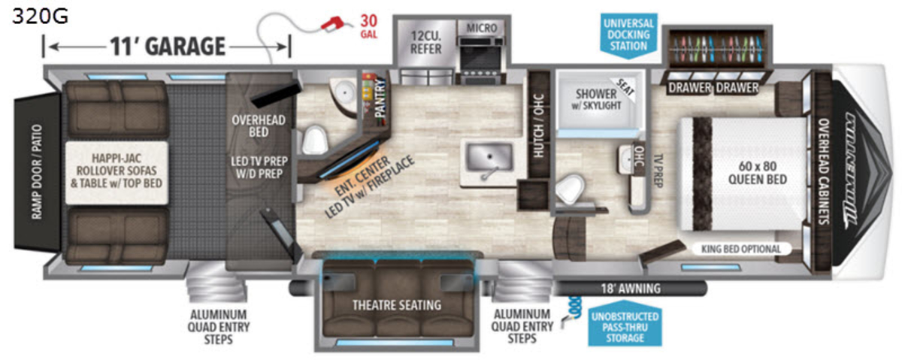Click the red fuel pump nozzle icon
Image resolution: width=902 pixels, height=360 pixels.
[x=331, y=23]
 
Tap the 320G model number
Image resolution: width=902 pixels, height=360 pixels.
[x=40, y=17]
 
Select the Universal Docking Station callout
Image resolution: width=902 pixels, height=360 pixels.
[x=628, y=35]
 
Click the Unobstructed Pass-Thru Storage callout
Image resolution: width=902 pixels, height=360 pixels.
[x=625, y=327]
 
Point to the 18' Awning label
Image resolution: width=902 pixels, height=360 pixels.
[x=631, y=289]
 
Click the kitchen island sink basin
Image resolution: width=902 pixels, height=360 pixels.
[x=489, y=156]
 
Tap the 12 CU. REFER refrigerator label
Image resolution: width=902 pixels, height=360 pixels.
[x=426, y=42]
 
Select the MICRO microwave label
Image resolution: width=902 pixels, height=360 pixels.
[x=482, y=29]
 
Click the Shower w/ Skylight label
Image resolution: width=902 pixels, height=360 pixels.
[x=596, y=99]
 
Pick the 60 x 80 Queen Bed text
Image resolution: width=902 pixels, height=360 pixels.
[x=758, y=172]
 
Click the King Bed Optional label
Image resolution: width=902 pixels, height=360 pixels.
[x=741, y=249]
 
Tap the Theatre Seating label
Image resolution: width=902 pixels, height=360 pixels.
[x=397, y=305]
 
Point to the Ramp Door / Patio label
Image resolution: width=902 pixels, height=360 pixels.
[x=37, y=172]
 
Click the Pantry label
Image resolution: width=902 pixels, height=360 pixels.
[x=380, y=98]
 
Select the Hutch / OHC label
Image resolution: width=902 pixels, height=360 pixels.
[x=538, y=126]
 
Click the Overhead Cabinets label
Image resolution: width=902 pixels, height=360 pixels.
[x=824, y=171]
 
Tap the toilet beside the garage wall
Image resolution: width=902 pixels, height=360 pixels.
[x=313, y=140]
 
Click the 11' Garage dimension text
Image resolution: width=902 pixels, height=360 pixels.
[x=168, y=47]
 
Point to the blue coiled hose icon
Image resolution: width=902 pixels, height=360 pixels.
[x=572, y=310]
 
